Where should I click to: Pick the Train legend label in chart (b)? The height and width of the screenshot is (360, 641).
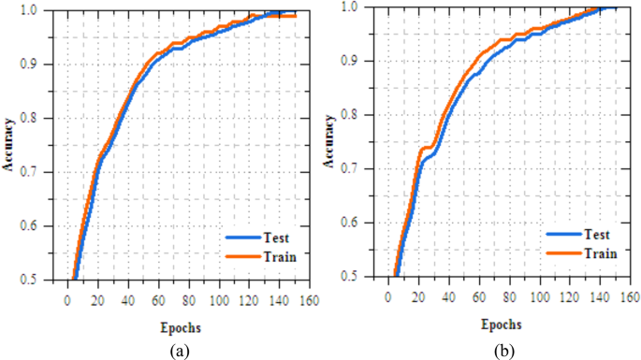(600, 252)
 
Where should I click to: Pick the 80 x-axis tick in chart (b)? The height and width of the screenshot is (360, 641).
(508, 296)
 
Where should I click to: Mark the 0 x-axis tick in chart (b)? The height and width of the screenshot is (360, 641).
(387, 296)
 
